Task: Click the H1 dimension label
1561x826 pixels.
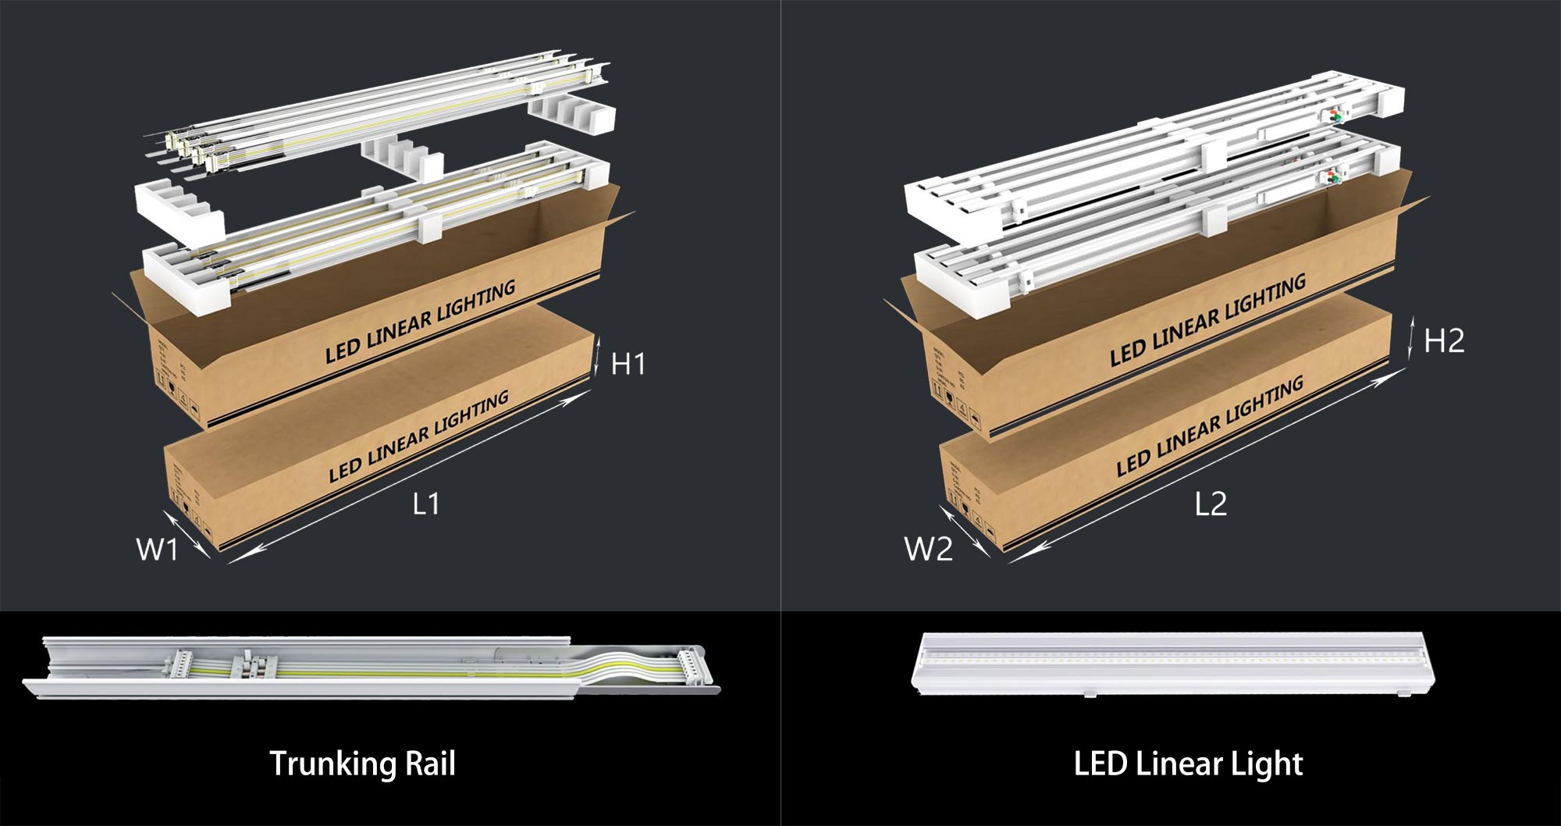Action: (628, 364)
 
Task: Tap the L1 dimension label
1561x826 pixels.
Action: (426, 504)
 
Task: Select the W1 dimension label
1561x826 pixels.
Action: (157, 550)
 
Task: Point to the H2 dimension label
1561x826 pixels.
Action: (1444, 341)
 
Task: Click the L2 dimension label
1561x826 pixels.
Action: (1211, 504)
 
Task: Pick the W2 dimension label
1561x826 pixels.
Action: (928, 550)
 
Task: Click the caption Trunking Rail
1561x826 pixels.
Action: (362, 764)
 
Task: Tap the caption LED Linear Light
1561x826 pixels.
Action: (1188, 764)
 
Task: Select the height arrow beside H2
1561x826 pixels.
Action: (1411, 337)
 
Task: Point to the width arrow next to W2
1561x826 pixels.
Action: (964, 531)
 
